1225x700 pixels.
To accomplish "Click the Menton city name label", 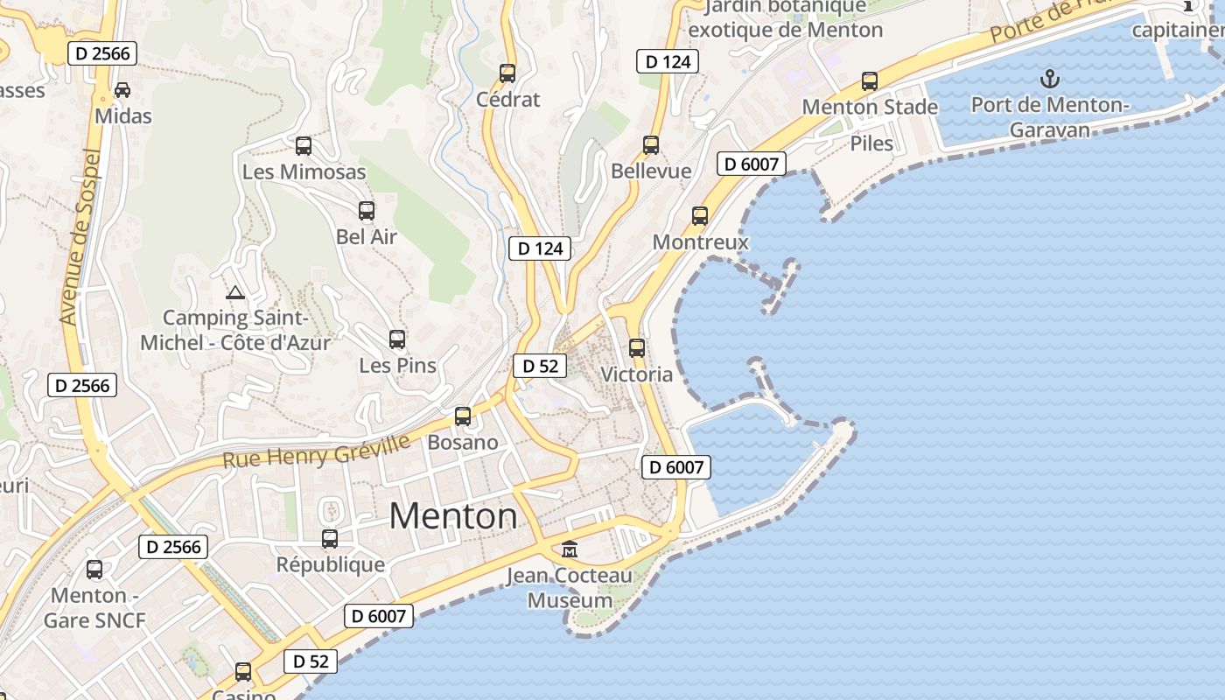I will pyautogui.click(x=452, y=516).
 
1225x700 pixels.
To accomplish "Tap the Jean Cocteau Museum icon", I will pyautogui.click(x=570, y=549).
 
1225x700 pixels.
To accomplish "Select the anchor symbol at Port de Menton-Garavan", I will pyautogui.click(x=1049, y=80).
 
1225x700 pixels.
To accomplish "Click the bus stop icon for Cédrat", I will pyautogui.click(x=507, y=73).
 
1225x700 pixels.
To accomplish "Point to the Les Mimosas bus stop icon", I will pyautogui.click(x=304, y=146).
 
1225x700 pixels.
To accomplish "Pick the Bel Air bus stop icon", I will pyautogui.click(x=367, y=211).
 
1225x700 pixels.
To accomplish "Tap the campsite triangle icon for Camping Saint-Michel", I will pyautogui.click(x=234, y=292).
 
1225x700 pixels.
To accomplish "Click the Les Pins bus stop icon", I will pyautogui.click(x=397, y=339).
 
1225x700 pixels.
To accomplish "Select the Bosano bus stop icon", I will pyautogui.click(x=463, y=416).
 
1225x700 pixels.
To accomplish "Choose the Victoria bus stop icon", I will pyautogui.click(x=637, y=348).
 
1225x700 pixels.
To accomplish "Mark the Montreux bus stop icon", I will pyautogui.click(x=700, y=216).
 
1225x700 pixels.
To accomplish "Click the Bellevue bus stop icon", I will pyautogui.click(x=651, y=145).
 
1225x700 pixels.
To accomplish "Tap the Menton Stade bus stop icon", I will pyautogui.click(x=870, y=81).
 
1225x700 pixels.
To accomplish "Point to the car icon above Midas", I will pyautogui.click(x=122, y=90).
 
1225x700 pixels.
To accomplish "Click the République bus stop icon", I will pyautogui.click(x=330, y=539).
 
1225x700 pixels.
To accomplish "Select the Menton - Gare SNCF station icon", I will pyautogui.click(x=94, y=570).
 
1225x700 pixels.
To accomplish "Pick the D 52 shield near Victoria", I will pyautogui.click(x=540, y=366).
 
